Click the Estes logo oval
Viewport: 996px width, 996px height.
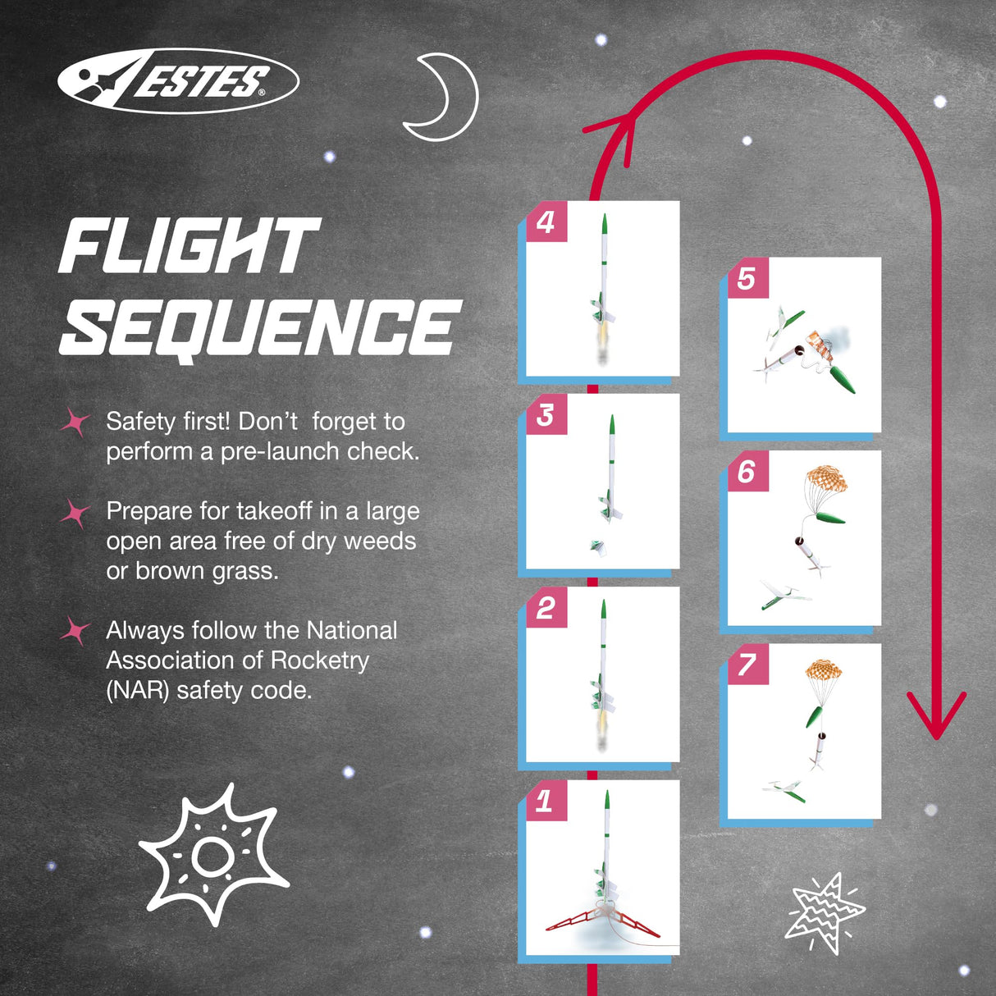[178, 80]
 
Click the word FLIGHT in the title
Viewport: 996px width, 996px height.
[188, 246]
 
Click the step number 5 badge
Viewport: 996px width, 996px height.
[747, 279]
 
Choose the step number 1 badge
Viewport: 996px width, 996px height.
[545, 801]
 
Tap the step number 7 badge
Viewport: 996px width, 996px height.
[747, 664]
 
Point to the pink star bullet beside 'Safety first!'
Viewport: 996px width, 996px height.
[75, 423]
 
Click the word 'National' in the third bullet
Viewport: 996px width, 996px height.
[351, 630]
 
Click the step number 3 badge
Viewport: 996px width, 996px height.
[546, 415]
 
